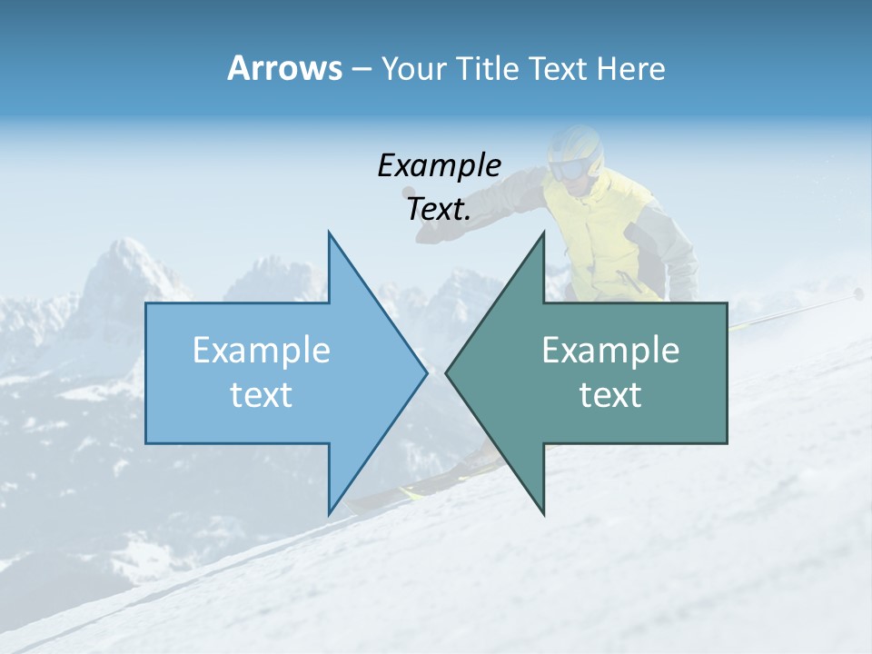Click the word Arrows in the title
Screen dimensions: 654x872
pos(283,68)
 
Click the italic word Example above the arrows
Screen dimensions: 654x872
pos(439,165)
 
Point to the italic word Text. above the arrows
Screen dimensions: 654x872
pos(439,209)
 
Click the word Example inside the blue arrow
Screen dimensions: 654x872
pos(261,351)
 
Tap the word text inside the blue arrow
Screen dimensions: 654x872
pos(261,395)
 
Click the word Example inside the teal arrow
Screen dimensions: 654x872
pos(610,351)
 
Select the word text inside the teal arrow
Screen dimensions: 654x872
pos(610,395)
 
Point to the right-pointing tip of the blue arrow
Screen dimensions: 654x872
pos(425,372)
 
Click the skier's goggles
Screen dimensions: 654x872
pos(569,169)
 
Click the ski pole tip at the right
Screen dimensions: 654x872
pos(857,293)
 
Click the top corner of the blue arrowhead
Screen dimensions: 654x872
pos(329,233)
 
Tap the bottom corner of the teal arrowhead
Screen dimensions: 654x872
pos(543,512)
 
